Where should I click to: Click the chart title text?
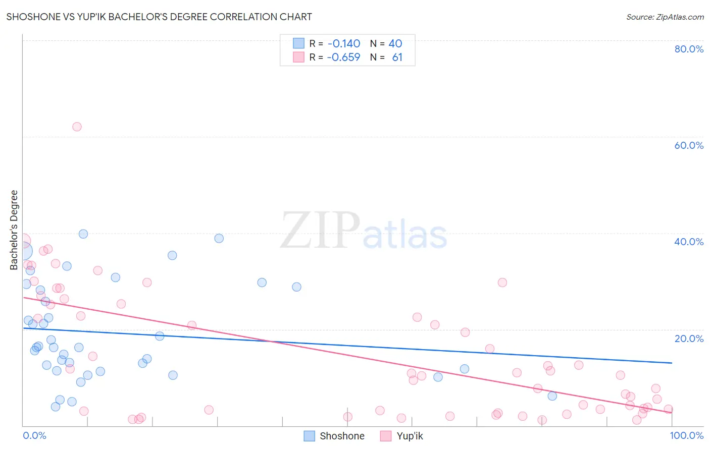(159, 17)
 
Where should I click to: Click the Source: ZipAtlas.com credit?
(665, 17)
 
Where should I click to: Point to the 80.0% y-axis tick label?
(689, 49)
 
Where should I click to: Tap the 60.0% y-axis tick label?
(689, 145)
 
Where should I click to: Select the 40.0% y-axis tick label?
(689, 242)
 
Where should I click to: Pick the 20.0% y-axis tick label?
(689, 339)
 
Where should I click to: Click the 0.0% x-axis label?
(34, 435)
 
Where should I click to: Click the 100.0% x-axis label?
(686, 435)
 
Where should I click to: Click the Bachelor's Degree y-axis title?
(14, 230)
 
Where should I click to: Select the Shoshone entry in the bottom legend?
(341, 436)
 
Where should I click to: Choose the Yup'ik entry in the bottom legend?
(409, 436)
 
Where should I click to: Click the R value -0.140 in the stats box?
(343, 43)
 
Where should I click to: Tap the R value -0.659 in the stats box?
(343, 57)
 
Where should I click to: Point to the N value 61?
(397, 57)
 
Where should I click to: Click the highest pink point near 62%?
(77, 127)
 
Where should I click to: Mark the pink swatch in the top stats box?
(298, 57)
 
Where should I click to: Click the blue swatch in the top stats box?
(298, 43)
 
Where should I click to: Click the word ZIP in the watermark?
(320, 231)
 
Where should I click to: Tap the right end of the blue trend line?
(672, 363)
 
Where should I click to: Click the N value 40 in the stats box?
(395, 43)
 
